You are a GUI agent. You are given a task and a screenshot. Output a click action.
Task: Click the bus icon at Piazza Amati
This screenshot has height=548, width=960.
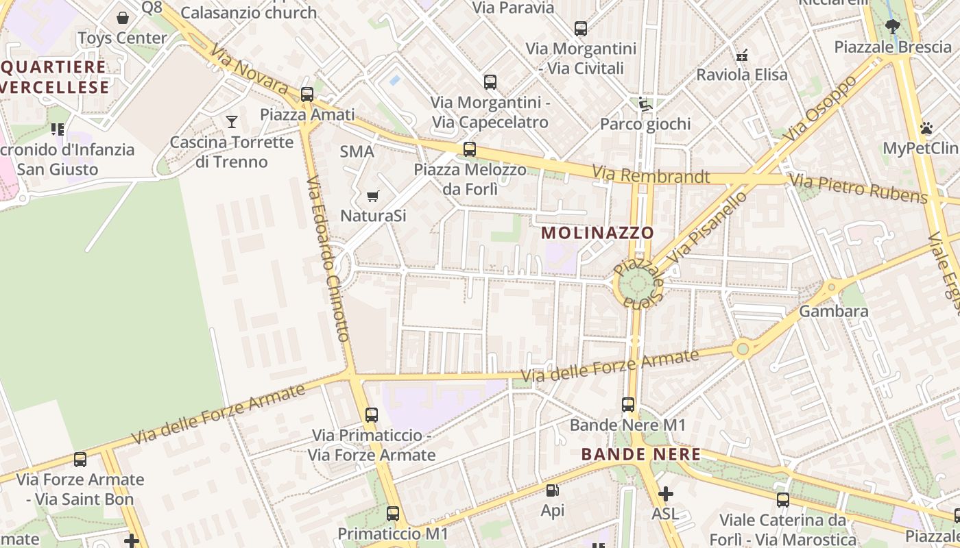(x=307, y=95)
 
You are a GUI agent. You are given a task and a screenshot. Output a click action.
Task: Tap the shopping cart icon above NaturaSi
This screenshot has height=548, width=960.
(x=373, y=197)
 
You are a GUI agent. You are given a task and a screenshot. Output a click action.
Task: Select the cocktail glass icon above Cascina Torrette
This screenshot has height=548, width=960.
(x=232, y=122)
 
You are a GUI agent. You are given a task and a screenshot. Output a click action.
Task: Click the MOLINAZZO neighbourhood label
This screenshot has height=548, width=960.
(x=597, y=233)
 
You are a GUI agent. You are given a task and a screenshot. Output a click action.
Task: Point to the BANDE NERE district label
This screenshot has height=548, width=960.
(x=640, y=454)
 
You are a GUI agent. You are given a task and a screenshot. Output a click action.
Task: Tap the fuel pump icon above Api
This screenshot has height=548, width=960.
(x=552, y=490)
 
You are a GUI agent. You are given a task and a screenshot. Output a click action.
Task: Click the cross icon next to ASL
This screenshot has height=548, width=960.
(x=665, y=494)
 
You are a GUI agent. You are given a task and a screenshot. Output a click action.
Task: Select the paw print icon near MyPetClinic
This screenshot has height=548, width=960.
(x=926, y=128)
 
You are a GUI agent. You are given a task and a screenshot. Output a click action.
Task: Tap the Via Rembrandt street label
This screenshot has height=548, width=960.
(x=651, y=175)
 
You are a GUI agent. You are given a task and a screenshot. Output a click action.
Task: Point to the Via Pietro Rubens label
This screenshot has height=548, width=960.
(x=858, y=188)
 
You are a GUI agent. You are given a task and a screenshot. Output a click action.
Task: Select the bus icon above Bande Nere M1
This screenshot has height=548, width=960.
(x=628, y=405)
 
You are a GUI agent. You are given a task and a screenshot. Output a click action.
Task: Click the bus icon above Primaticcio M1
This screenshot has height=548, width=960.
(x=393, y=514)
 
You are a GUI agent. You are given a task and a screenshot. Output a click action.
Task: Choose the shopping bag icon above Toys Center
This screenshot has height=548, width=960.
(x=123, y=18)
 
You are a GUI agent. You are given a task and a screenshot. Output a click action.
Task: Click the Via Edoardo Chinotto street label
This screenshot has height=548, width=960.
(x=328, y=259)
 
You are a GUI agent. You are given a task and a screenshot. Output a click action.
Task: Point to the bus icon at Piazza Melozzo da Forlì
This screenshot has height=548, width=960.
(x=470, y=149)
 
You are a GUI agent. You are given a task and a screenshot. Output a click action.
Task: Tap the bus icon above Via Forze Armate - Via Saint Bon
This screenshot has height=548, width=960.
(x=80, y=460)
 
